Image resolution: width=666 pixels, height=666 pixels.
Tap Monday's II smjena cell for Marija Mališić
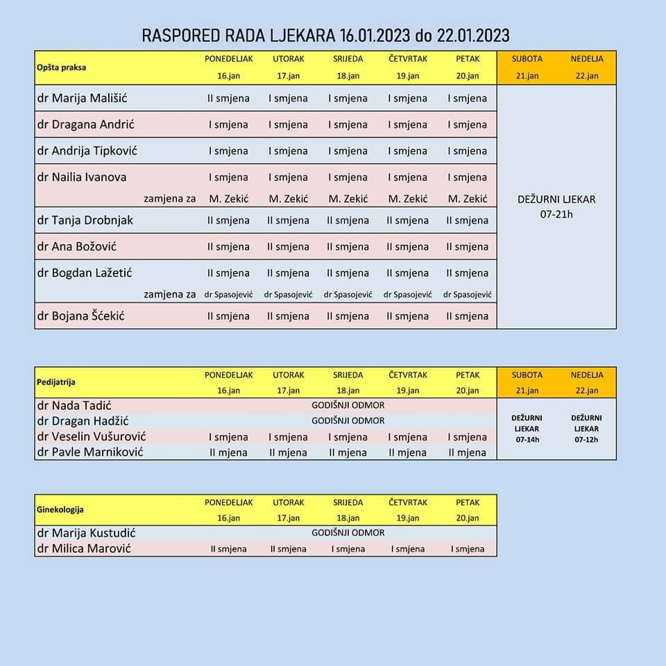pos(228,99)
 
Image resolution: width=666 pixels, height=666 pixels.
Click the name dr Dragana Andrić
pos(85,124)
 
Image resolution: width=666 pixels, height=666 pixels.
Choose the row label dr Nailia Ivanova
pos(82,177)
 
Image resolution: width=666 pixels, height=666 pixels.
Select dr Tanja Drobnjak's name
pos(85,220)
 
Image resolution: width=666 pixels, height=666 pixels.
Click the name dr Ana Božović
pos(76,246)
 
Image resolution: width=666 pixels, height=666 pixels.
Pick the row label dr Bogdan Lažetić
pos(84,273)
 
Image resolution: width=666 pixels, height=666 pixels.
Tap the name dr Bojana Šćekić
pos(80,316)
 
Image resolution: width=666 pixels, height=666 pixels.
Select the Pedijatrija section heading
pos(56,382)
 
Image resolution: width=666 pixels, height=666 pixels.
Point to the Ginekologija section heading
pos(60,509)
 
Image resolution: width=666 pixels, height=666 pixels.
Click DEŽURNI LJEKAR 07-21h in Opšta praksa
pos(556,206)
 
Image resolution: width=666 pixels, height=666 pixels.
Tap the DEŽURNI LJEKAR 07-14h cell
pos(527,429)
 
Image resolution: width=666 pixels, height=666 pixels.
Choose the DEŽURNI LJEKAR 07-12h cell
pos(586,429)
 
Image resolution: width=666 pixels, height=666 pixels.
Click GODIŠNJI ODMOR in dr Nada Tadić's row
pos(348,405)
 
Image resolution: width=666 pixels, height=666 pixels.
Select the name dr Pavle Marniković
pos(90,452)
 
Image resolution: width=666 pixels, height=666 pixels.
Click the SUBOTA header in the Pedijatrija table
pos(527,375)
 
